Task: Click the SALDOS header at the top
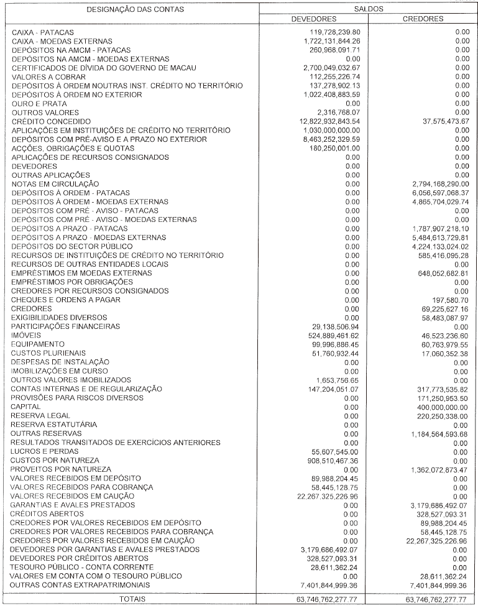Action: (368, 9)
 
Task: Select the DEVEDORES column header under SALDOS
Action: (314, 19)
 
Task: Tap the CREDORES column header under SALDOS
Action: (423, 19)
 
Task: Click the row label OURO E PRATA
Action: (35, 103)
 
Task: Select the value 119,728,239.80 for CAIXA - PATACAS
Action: (334, 31)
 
